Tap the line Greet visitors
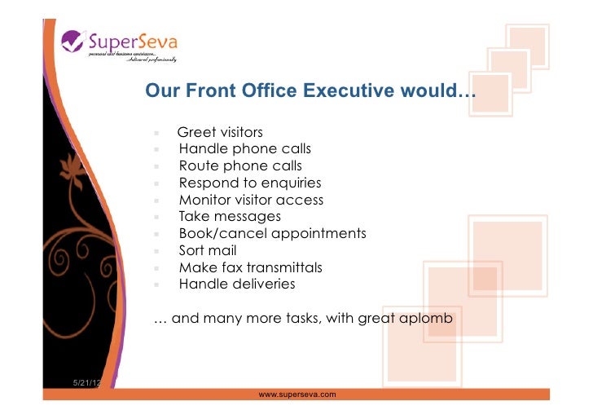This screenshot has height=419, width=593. point(220,132)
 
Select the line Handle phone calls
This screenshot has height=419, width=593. point(244,149)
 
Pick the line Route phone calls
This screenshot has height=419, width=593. point(240,166)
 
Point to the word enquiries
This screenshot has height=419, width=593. point(288,183)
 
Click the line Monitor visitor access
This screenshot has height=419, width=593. point(251,200)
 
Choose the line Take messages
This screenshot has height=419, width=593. point(230,216)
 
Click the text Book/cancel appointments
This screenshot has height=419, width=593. point(272,233)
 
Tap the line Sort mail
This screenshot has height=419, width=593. point(208,250)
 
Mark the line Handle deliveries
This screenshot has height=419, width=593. point(237,284)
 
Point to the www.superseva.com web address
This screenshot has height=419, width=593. point(297,394)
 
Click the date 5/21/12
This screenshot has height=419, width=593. point(86,383)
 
